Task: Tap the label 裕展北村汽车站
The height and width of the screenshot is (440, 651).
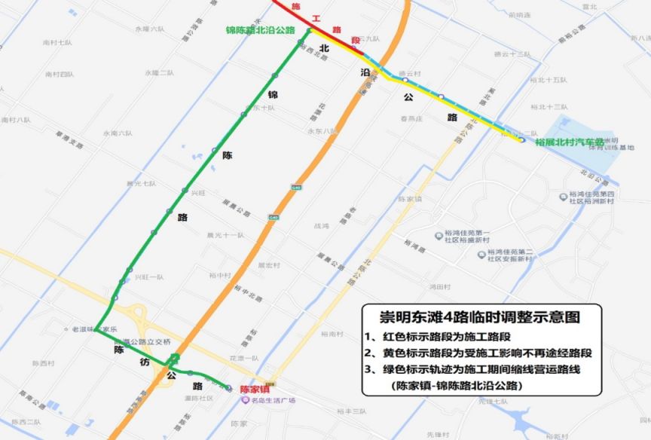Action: (570, 142)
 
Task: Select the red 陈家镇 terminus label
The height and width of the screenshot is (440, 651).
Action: (255, 390)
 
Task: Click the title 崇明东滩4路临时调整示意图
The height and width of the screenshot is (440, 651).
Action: (471, 315)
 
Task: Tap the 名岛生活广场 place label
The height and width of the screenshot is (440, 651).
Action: (268, 400)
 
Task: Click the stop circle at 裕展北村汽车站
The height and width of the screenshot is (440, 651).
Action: (521, 139)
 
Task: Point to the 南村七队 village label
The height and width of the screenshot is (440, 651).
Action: (57, 43)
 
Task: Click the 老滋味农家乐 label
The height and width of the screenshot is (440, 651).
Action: (94, 329)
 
